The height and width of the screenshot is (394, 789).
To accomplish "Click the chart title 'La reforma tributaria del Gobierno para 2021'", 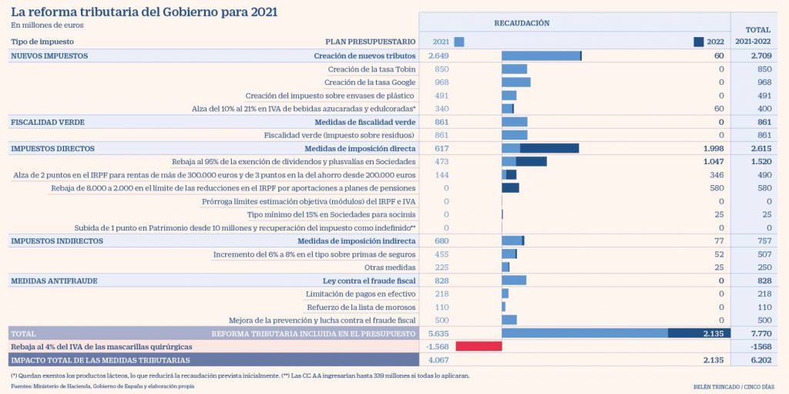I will point(144,12).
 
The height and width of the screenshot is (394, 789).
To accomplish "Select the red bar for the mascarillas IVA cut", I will point(478,347).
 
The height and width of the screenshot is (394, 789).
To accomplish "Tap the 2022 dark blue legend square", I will point(699,42).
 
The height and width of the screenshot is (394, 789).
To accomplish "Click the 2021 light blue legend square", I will point(459,42).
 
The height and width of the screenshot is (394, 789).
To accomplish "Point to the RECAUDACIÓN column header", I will point(522,23).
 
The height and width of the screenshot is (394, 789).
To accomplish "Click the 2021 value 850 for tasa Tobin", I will point(442,69).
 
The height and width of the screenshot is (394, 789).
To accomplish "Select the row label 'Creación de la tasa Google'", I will point(370,83).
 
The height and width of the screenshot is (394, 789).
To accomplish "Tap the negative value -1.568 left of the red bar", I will point(438,347).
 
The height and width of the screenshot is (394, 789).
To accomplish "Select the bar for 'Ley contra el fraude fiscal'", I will point(514,281).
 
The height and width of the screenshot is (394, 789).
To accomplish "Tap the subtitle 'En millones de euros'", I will point(47,25).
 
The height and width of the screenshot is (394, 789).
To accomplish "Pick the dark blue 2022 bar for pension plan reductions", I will point(510,188).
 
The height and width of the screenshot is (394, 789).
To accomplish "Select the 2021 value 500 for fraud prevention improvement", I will point(442,320).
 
